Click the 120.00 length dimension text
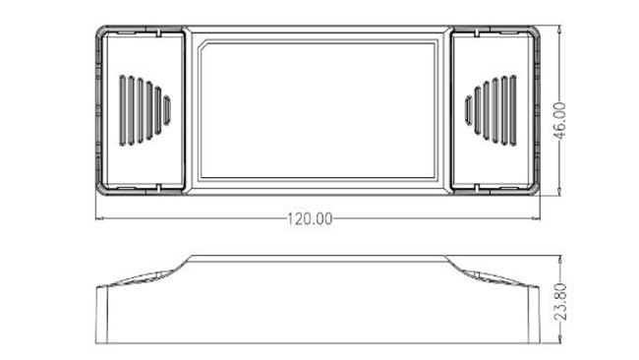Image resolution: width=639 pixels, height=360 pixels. [310, 219]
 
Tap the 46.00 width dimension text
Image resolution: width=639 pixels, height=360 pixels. [560, 120]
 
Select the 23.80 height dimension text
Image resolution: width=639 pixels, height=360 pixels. [560, 301]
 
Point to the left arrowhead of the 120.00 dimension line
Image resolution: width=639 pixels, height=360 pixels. [99, 218]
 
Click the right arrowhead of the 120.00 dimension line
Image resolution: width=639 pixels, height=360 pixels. [537, 218]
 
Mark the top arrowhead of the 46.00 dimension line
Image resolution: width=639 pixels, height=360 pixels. [560, 29]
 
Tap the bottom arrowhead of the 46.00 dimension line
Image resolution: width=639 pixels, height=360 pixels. [560, 192]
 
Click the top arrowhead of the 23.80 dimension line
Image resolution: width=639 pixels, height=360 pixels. [560, 260]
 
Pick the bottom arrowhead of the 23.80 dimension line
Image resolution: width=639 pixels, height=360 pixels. [560, 339]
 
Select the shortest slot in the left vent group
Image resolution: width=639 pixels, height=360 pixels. [167, 110]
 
